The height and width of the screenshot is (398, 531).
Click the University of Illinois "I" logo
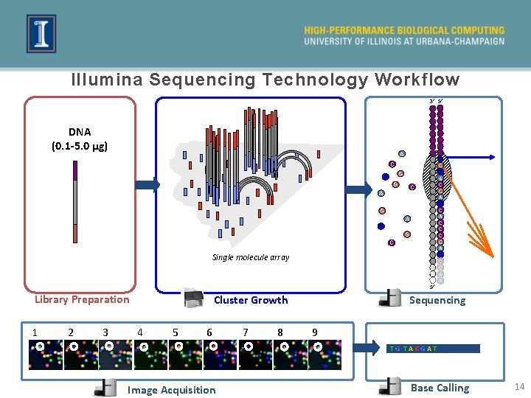point(41,34)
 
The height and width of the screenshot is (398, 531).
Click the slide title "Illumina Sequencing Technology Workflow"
point(265,80)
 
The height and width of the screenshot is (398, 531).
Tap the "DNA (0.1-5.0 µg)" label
point(80,139)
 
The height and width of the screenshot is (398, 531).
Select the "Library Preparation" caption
point(82,299)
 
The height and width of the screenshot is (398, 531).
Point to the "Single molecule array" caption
point(251,257)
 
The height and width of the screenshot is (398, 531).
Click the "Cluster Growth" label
point(251,300)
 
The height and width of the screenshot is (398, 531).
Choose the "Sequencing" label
point(437,300)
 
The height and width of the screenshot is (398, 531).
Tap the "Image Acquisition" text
point(172,390)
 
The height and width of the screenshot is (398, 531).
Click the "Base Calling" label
point(440,388)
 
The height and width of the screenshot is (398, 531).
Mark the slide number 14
point(518,387)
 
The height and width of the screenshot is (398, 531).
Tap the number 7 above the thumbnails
point(246,332)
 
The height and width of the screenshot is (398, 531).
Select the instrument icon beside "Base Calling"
point(390,387)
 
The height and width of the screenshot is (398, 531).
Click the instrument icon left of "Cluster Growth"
point(194,298)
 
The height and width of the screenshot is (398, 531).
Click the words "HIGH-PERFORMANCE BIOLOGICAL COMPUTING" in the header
point(404,30)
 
